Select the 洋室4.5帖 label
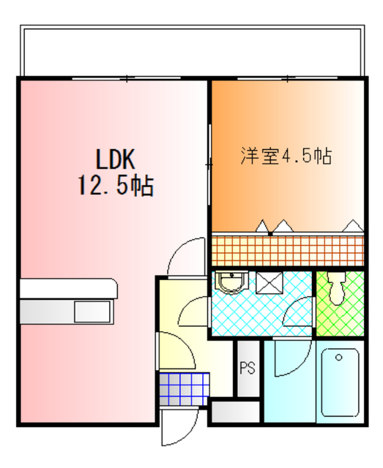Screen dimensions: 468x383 click(x=286, y=156)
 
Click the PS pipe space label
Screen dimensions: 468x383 click(x=247, y=369)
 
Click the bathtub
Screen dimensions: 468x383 click(x=340, y=384)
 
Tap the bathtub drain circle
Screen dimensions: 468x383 click(x=339, y=358)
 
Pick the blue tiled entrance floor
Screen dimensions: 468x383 click(x=184, y=388)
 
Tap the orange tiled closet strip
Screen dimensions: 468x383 click(x=287, y=249)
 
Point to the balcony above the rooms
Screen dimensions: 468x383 click(x=190, y=51)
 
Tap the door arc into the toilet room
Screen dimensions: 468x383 click(x=300, y=314)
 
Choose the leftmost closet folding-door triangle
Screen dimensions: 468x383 click(x=261, y=225)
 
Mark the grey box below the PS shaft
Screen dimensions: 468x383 click(x=234, y=411)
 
